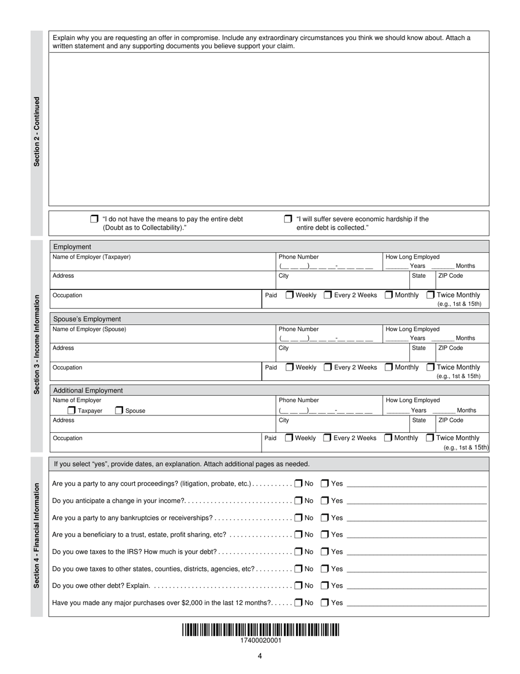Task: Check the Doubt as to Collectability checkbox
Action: [x=94, y=219]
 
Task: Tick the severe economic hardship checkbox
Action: [x=288, y=219]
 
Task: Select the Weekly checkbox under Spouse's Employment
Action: [x=289, y=367]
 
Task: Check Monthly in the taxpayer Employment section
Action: [x=389, y=295]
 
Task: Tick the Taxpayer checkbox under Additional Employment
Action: [x=72, y=410]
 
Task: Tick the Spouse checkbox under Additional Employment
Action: [x=119, y=410]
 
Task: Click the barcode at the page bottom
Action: [x=261, y=630]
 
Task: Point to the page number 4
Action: [x=260, y=656]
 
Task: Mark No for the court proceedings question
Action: [x=298, y=484]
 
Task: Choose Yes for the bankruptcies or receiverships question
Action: [x=325, y=518]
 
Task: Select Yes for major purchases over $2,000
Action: [x=325, y=603]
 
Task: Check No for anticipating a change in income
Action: [x=298, y=501]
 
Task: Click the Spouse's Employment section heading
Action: [x=87, y=319]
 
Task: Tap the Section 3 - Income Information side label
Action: [x=37, y=345]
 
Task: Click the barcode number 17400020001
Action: [x=261, y=641]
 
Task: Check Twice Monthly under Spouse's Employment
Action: [x=430, y=367]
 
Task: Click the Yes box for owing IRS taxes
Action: [x=325, y=552]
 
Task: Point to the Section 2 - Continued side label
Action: [x=37, y=132]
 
